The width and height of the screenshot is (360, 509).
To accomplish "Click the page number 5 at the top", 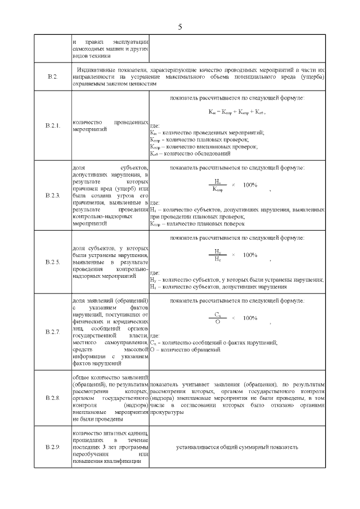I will coord(180,26).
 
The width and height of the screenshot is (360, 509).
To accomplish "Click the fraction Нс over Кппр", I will coord(217,186).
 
